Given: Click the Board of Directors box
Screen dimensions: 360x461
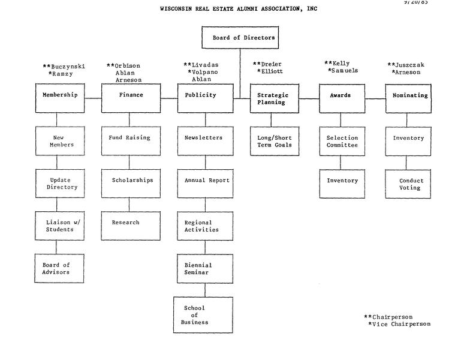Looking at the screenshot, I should (x=240, y=38).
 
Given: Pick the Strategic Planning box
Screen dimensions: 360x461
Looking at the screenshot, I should (x=272, y=98).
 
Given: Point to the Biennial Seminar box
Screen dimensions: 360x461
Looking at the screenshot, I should (x=205, y=268).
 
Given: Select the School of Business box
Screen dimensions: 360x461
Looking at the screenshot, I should (x=203, y=315).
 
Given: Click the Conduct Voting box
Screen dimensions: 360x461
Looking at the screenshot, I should (x=410, y=184).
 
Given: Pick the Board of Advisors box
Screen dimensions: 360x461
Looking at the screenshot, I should (x=57, y=268).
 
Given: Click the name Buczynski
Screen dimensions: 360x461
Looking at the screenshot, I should (x=67, y=67).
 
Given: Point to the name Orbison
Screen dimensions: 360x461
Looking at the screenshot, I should (x=128, y=66).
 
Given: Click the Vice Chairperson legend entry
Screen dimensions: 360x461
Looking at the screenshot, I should (x=401, y=324).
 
